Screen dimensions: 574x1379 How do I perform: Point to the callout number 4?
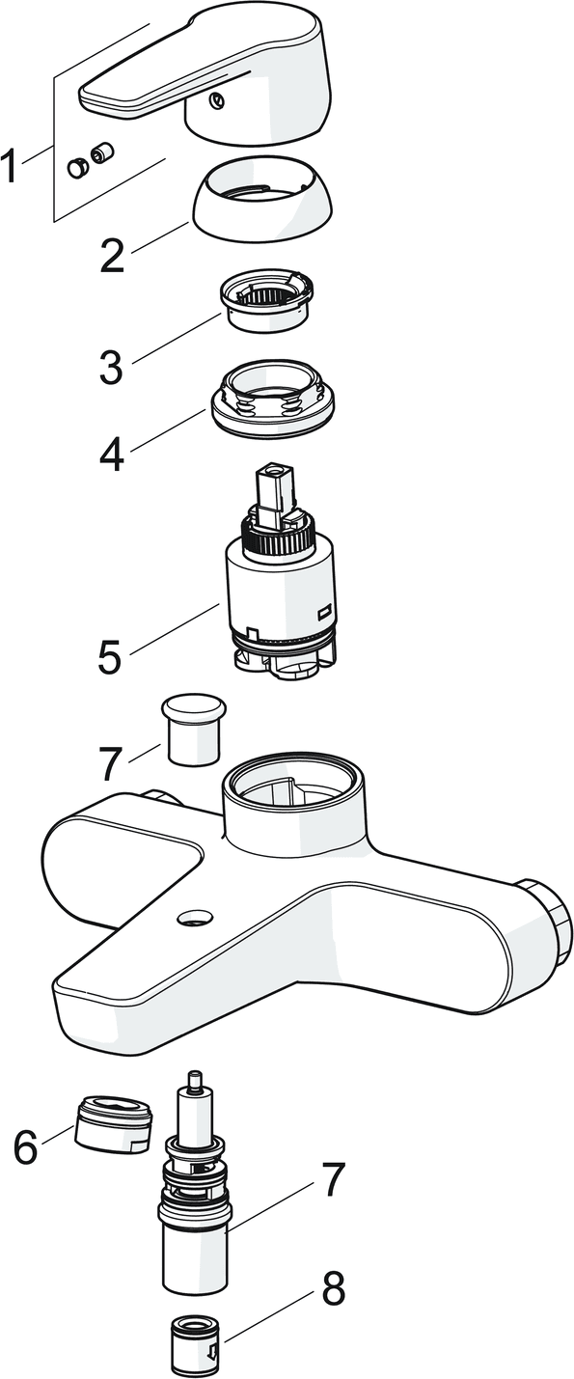111,455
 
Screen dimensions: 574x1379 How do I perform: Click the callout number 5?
110,656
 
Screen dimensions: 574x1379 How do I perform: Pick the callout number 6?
26,1145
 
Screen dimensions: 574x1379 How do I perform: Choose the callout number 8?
334,1286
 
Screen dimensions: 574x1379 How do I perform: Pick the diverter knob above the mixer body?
193,729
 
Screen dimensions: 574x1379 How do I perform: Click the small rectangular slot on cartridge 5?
323,613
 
